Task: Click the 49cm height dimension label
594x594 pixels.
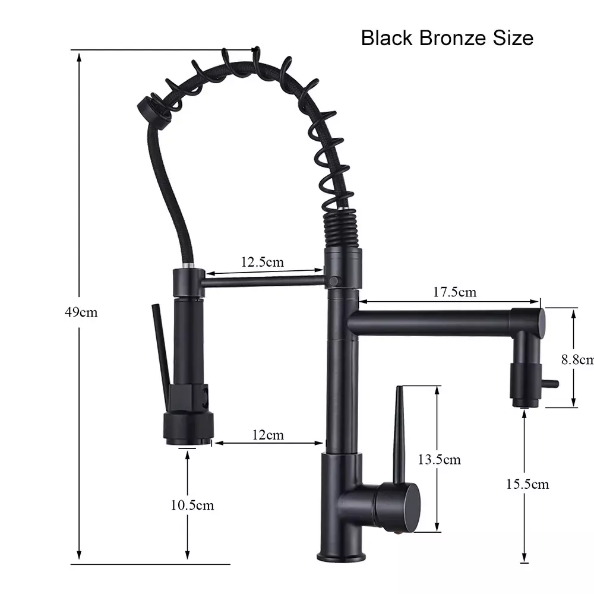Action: pos(81,312)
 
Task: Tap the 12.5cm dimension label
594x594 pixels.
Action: pos(263,262)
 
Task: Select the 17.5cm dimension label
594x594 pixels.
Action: pos(454,292)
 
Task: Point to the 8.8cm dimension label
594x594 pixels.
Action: pos(577,359)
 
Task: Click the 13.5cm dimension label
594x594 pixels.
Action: pos(440,460)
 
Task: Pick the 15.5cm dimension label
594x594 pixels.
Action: pos(527,484)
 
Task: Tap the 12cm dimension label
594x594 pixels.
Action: pos(268,435)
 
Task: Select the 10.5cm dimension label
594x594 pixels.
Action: pos(192,505)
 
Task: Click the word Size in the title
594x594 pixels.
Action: pos(513,38)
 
